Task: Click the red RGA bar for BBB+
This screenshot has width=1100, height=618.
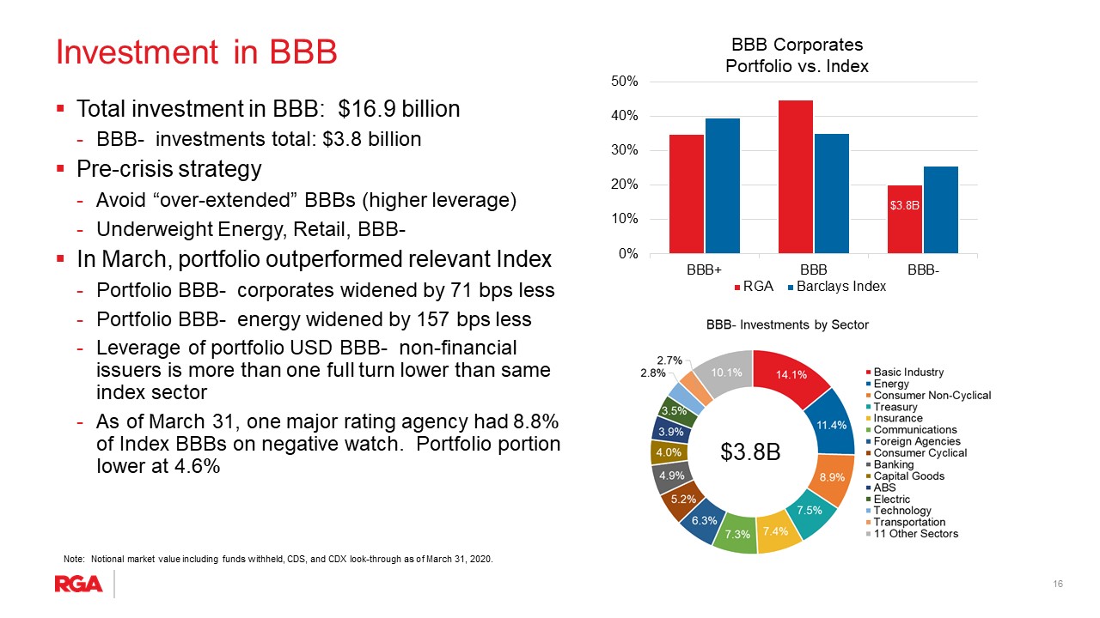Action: tap(686, 194)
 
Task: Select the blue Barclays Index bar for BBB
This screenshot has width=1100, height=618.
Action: tap(831, 193)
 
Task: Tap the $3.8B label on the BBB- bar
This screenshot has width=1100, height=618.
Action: tap(905, 205)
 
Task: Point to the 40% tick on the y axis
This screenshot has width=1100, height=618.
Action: tap(624, 116)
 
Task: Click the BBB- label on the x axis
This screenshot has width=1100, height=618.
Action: tap(923, 270)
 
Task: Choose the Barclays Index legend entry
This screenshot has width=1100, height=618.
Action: tap(836, 287)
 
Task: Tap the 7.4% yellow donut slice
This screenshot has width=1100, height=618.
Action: tap(776, 531)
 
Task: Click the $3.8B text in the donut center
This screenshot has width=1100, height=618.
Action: tap(750, 451)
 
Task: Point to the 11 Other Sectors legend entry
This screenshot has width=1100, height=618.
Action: tap(912, 534)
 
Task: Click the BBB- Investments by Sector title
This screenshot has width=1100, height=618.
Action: tap(787, 324)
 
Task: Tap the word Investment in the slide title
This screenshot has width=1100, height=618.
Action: tap(137, 51)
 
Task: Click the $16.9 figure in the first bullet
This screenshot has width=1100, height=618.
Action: tap(368, 109)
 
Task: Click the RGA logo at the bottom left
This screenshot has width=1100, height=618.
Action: tap(78, 585)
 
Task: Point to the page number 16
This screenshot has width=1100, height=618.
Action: tap(1058, 584)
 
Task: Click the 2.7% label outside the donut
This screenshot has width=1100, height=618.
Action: tap(669, 360)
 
